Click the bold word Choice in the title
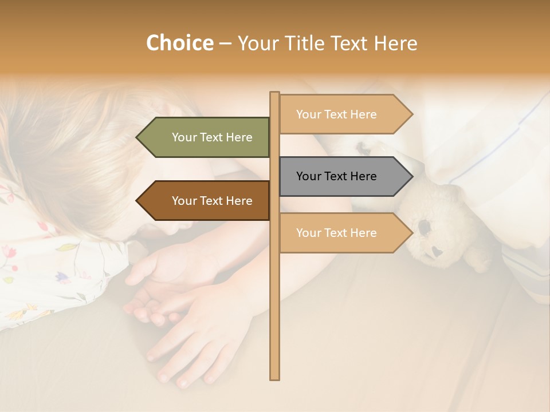(x=179, y=43)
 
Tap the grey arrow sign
(x=341, y=176)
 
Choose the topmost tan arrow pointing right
(x=341, y=114)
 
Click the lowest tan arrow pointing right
(x=341, y=233)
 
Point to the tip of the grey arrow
(x=412, y=176)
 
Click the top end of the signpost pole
(x=274, y=93)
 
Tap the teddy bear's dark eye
(x=425, y=227)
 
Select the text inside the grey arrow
(x=336, y=176)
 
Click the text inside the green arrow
(x=212, y=137)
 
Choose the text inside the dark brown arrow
(x=212, y=201)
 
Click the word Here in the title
(x=395, y=43)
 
